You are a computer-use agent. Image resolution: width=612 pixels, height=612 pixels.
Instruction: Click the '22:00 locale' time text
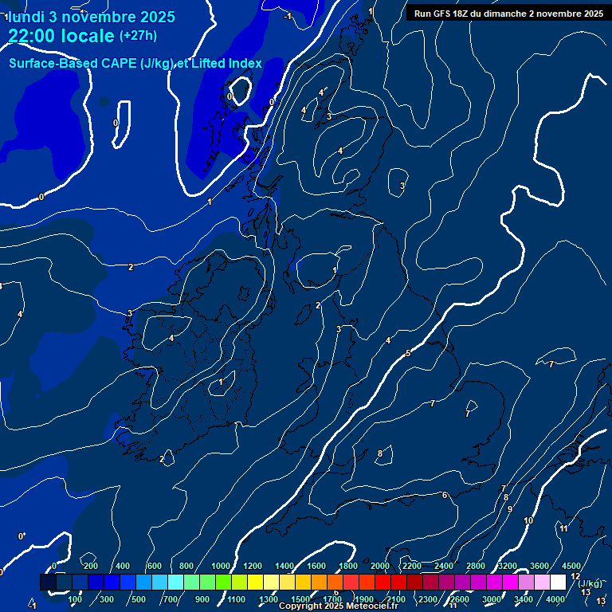(x=61, y=35)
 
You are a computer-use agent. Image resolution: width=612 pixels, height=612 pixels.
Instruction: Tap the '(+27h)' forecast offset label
(x=138, y=36)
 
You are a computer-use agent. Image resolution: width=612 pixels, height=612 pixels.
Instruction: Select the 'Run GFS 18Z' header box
(x=508, y=13)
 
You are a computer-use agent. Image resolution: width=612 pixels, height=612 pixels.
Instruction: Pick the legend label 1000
(x=221, y=566)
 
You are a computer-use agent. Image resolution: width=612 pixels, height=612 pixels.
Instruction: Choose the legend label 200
(x=90, y=566)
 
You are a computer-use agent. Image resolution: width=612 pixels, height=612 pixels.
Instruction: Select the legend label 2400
(x=444, y=566)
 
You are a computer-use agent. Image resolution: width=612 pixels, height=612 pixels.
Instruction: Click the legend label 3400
(x=524, y=599)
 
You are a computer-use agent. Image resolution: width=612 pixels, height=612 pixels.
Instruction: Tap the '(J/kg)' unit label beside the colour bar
(x=590, y=583)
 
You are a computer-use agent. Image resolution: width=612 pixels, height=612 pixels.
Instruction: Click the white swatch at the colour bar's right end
(x=558, y=583)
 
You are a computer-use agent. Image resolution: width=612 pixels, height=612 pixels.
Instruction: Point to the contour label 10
(x=528, y=520)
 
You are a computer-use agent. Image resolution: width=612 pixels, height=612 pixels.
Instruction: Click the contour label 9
(x=510, y=508)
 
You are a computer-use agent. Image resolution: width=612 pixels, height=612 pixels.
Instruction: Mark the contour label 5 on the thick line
(x=408, y=353)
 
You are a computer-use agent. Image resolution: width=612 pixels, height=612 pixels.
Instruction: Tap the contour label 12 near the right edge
(x=575, y=576)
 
